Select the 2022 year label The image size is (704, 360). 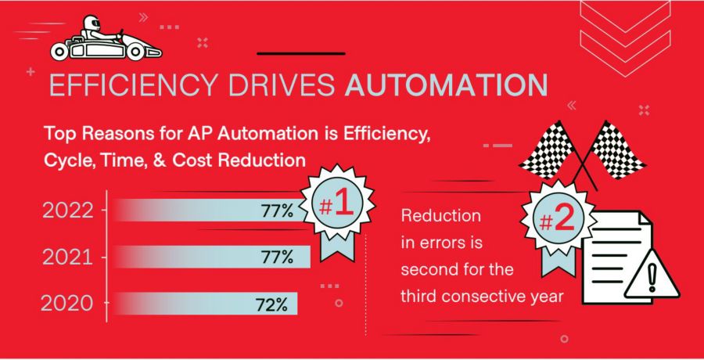pos(70,210)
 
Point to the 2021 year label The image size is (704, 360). pos(69,257)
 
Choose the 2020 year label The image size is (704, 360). pos(70,303)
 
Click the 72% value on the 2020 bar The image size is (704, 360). pos(272,304)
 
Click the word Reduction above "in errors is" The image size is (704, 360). pos(440,215)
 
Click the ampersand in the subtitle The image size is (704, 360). pos(185,160)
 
